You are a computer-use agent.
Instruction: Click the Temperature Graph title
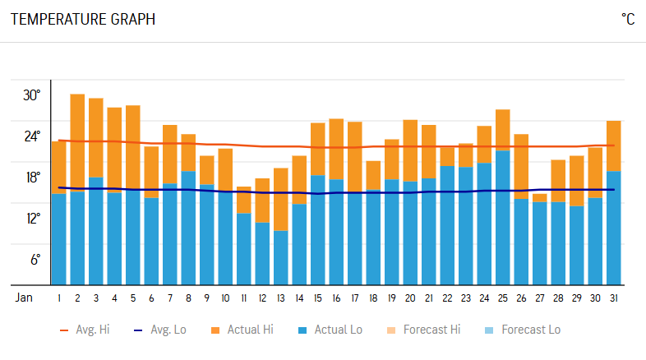82,19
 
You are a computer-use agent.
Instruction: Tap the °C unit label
627,19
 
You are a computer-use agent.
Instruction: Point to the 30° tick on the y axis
32,95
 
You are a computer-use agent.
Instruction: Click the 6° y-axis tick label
35,260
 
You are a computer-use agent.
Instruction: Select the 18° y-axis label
32,178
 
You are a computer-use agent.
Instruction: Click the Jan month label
25,298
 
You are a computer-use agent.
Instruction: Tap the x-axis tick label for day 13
281,298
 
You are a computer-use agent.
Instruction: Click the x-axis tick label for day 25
503,298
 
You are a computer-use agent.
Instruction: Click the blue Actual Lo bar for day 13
281,257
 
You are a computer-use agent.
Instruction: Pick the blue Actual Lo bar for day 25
503,218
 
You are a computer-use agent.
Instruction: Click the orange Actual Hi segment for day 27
540,198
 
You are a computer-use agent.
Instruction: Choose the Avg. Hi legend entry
85,330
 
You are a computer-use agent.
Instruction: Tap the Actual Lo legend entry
330,330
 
